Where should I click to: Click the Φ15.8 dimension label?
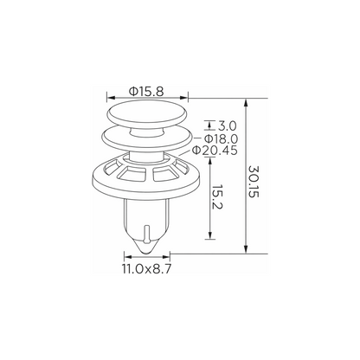[x=146, y=92]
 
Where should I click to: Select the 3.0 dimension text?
[x=227, y=126]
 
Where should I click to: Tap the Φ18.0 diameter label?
[x=222, y=139]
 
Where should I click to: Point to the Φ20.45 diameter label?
[x=215, y=151]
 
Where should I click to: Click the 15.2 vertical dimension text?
[x=216, y=197]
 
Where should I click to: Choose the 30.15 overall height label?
[x=254, y=182]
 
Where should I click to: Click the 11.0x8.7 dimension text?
[x=147, y=269]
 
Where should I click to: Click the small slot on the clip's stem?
[x=147, y=233]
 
